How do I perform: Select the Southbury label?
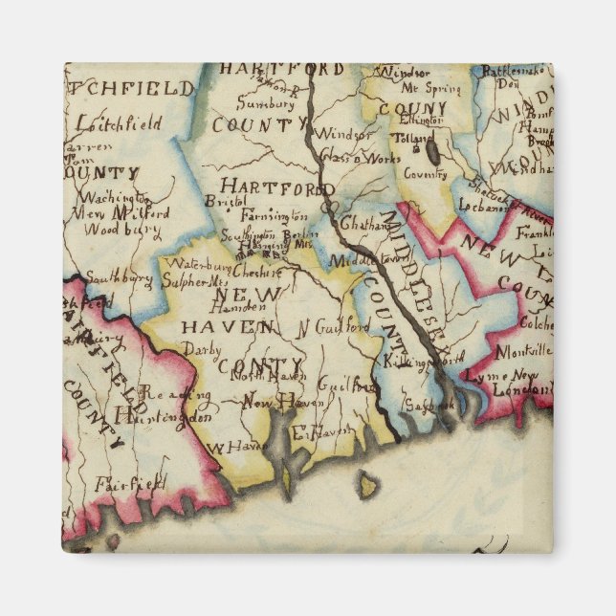121,278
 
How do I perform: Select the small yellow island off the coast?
367,487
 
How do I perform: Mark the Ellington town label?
422,121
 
